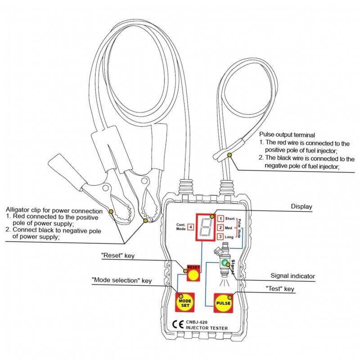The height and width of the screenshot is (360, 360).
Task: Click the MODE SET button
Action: click(185, 302)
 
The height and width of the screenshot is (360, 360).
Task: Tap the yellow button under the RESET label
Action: click(193, 275)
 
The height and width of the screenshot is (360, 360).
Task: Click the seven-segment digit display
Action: click(206, 227)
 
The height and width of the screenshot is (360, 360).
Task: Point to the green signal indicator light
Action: click(225, 262)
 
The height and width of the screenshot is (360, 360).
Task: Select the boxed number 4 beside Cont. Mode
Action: click(190, 227)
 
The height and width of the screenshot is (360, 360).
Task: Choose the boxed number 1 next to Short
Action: click(220, 218)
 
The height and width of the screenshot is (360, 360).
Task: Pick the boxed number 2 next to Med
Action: click(220, 228)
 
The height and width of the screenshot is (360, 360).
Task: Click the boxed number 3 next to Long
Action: click(220, 237)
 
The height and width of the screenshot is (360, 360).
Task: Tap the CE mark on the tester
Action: click(178, 324)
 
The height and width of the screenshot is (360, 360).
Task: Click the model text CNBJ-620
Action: click(197, 322)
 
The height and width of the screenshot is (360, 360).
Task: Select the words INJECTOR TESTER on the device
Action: click(207, 328)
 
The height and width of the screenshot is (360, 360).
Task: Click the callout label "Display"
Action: click(301, 207)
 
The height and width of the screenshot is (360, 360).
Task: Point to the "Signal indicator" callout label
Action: click(293, 276)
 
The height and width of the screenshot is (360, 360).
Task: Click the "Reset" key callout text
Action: click(118, 256)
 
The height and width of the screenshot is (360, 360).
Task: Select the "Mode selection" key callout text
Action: click(121, 280)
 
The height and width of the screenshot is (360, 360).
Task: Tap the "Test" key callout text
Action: click(280, 288)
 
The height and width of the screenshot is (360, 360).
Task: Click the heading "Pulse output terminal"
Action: click(287, 135)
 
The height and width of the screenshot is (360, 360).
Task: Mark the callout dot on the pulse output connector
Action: click(229, 155)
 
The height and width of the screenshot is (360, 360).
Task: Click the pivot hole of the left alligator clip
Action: click(106, 188)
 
